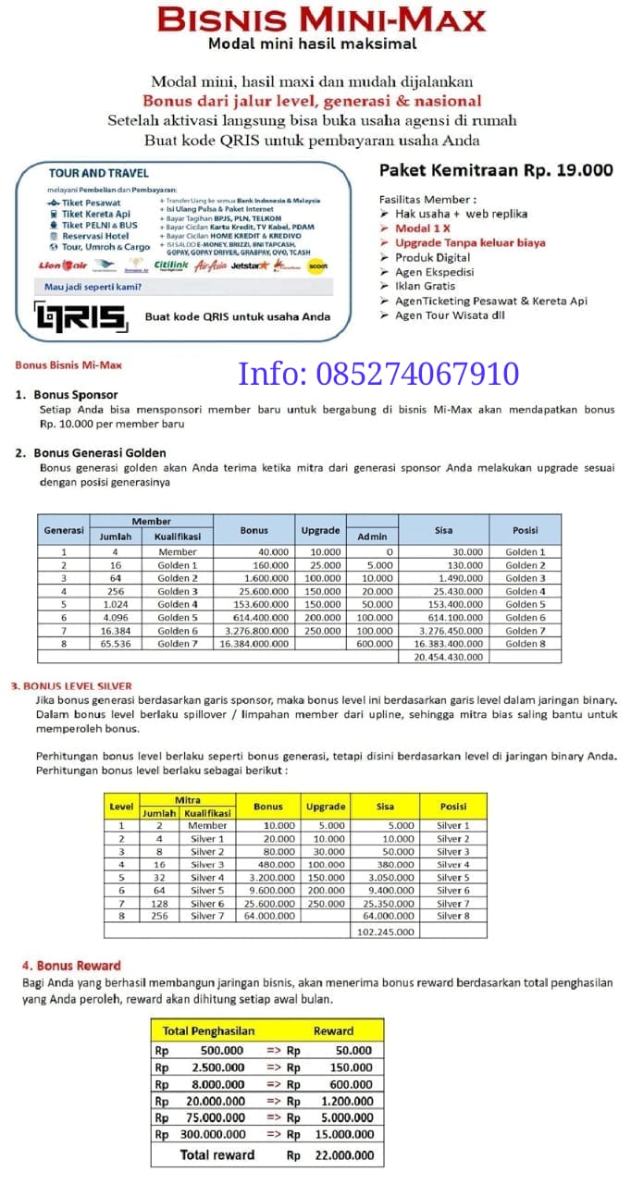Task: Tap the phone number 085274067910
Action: pyautogui.click(x=378, y=374)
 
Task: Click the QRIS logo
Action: pyautogui.click(x=80, y=317)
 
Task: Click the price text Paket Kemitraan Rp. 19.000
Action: pyautogui.click(x=496, y=170)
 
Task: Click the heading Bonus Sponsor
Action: pyautogui.click(x=76, y=394)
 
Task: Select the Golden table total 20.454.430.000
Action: pyautogui.click(x=448, y=657)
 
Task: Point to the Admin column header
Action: pyautogui.click(x=372, y=536)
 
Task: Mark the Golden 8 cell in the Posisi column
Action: pyautogui.click(x=526, y=643)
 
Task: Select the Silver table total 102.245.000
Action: pyautogui.click(x=386, y=931)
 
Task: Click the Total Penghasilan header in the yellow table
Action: pyautogui.click(x=208, y=1030)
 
